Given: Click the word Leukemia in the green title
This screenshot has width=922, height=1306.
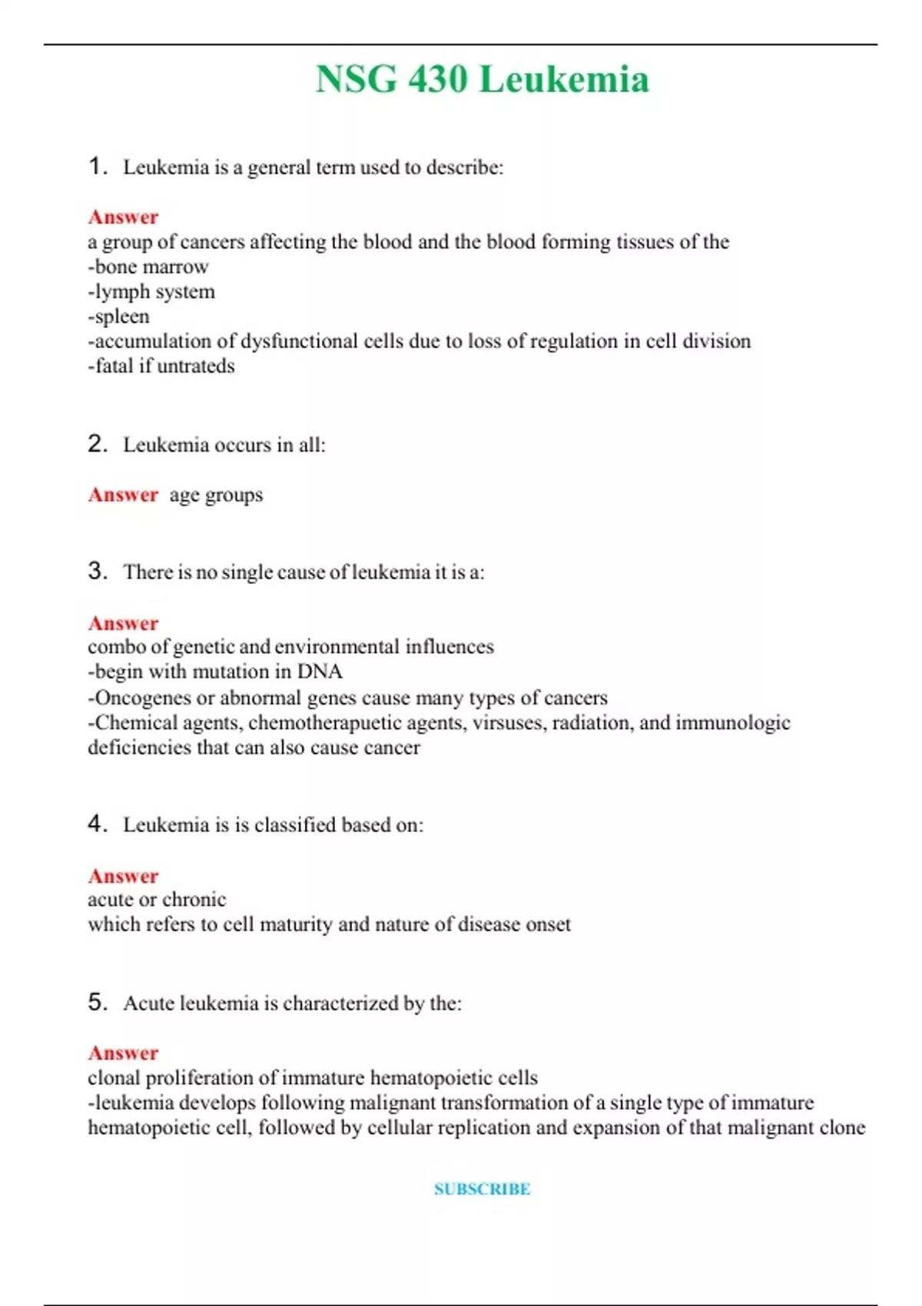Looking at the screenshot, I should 564,79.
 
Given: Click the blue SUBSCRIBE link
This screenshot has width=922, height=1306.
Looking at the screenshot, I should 482,1188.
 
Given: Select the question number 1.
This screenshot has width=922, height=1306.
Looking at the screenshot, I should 97,166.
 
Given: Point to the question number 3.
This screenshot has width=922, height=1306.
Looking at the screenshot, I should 97,571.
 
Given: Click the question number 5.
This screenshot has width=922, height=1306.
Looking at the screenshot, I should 97,1002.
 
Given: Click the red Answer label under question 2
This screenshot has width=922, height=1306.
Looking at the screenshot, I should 123,495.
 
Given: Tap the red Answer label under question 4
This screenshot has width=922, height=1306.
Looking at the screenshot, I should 123,876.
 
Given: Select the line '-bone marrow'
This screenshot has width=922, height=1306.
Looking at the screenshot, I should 148,267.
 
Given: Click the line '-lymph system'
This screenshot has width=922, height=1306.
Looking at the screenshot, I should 151,292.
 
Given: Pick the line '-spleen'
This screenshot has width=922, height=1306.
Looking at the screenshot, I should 118,317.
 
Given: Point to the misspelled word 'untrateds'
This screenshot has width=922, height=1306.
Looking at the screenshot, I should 196,366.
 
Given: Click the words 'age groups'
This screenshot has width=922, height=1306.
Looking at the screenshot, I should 216,495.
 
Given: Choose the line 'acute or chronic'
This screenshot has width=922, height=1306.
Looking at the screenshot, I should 157,900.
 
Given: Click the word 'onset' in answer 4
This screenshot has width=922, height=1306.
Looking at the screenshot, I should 548,924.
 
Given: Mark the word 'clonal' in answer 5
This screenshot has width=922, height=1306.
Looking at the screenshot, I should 114,1078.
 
